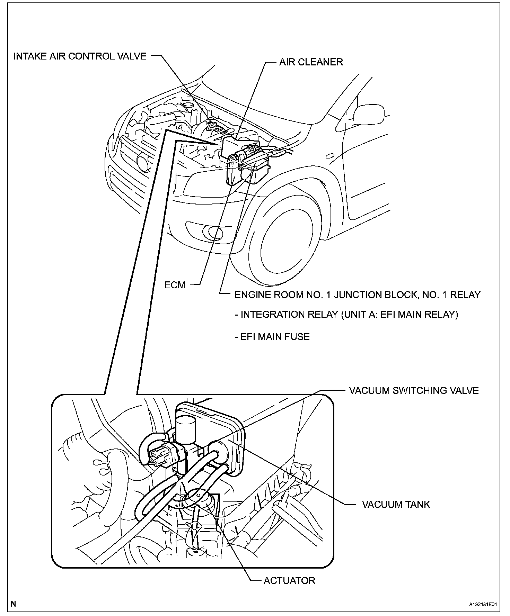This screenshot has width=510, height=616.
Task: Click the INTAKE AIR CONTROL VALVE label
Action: click(80, 56)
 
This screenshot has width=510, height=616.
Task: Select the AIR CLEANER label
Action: click(311, 62)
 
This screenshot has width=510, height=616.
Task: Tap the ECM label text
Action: click(175, 285)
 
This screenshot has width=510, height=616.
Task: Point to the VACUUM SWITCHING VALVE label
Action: click(414, 390)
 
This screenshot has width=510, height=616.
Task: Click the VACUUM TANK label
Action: click(396, 504)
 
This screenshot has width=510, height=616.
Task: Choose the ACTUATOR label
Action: click(289, 580)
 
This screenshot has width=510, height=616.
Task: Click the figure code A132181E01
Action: click(483, 604)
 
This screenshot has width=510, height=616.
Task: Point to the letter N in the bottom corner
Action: click(13, 604)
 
